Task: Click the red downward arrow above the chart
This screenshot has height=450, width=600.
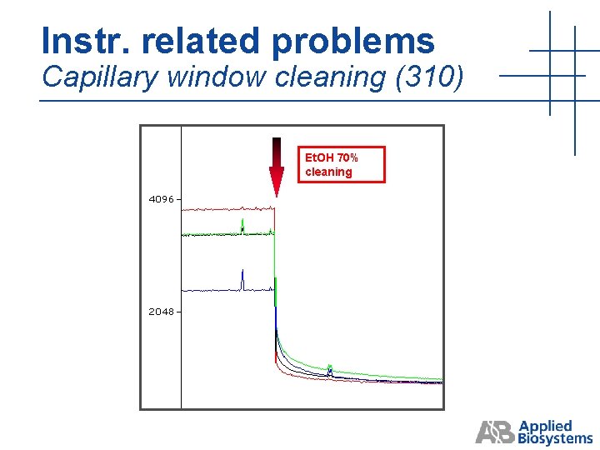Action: [276, 166]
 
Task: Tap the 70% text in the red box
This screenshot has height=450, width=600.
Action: [347, 157]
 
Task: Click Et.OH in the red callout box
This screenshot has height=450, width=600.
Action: [319, 157]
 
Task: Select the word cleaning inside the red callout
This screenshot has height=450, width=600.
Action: [328, 172]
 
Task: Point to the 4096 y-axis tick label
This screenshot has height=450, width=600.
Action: [161, 200]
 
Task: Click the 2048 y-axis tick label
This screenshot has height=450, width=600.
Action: [161, 312]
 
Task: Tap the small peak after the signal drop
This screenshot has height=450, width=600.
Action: [330, 367]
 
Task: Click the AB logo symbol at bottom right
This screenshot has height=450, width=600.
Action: [494, 432]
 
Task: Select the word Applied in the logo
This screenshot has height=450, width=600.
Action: [545, 427]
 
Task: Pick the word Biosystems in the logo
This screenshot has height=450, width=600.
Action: [555, 438]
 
